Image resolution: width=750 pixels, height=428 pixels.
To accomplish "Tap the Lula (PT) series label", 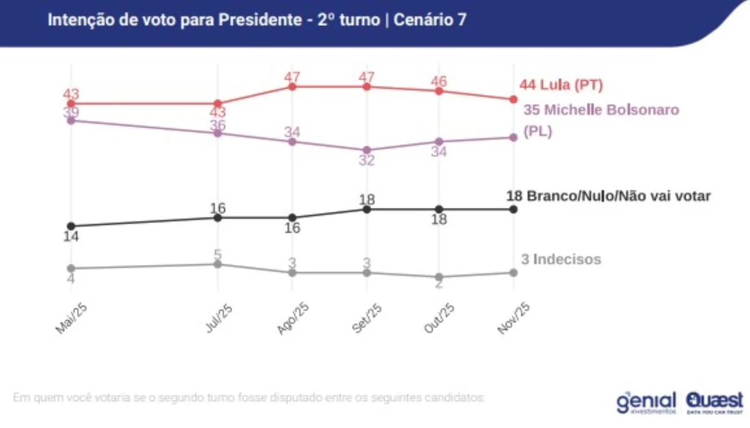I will point(561,86).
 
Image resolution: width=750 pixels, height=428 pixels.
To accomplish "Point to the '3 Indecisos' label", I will point(561,259).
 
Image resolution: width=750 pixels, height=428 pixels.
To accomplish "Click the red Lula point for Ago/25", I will point(292,87).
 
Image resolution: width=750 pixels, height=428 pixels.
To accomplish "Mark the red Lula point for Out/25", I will point(439,91).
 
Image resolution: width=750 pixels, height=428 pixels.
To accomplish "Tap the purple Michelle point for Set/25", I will point(366,150).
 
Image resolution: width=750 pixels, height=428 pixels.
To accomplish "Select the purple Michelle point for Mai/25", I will point(71,120).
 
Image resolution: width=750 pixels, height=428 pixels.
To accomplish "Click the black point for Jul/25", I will point(218,217).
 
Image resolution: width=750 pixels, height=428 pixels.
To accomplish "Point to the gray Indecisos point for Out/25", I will point(439,277).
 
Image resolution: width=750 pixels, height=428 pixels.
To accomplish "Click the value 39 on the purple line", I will point(71,111).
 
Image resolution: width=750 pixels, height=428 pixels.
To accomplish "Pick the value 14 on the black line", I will point(71,236).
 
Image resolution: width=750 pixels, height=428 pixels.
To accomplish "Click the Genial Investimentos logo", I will point(646,402).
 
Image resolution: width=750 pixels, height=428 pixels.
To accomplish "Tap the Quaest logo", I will point(714,402).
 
